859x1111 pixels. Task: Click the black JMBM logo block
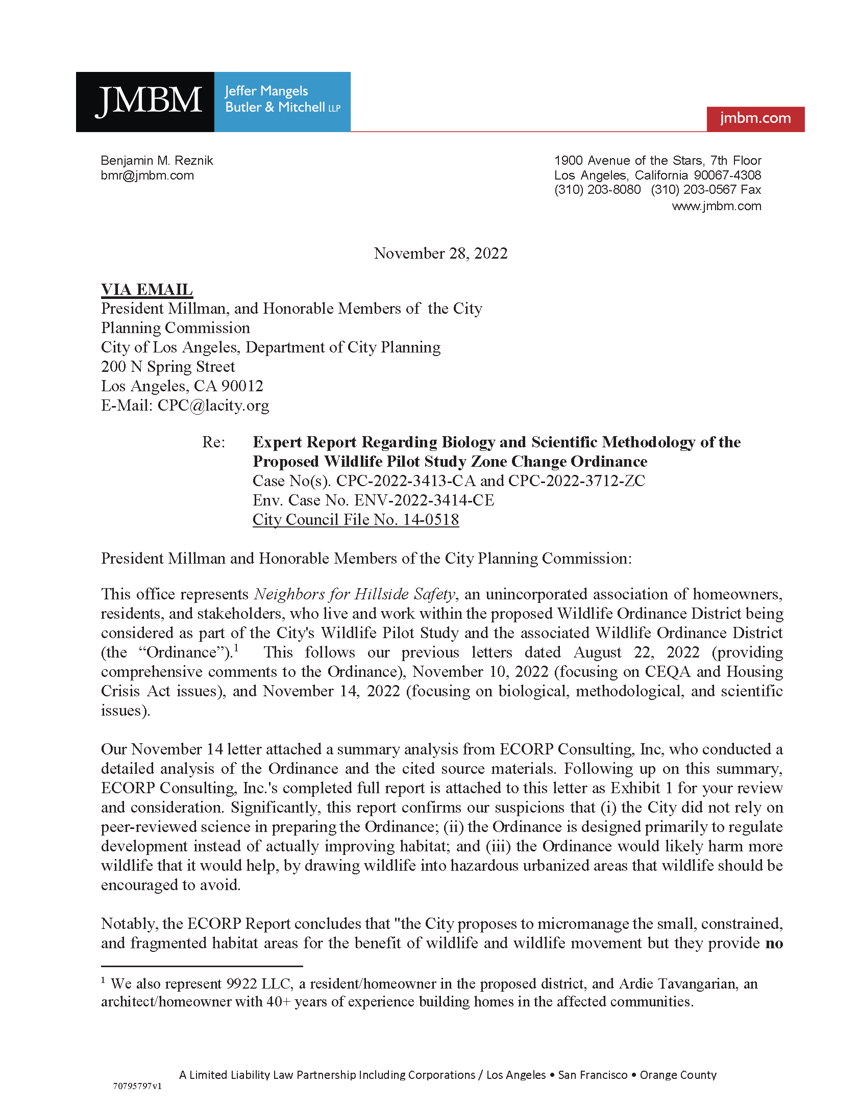tap(145, 102)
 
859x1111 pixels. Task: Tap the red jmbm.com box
tap(755, 118)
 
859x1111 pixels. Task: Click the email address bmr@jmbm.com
tap(148, 175)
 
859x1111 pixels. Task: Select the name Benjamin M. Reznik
tap(157, 161)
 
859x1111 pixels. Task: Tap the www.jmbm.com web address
tap(716, 206)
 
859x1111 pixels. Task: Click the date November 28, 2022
tap(440, 254)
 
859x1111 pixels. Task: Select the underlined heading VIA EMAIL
tap(147, 289)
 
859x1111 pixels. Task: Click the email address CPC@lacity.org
tap(213, 406)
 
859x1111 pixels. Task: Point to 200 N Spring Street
tap(168, 367)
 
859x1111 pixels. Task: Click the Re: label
tap(213, 442)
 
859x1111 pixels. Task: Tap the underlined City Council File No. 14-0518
tap(356, 520)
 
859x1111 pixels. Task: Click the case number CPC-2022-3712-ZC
tap(577, 481)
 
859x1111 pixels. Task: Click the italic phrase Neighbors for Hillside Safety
tap(354, 594)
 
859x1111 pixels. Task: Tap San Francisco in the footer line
tap(593, 1075)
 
